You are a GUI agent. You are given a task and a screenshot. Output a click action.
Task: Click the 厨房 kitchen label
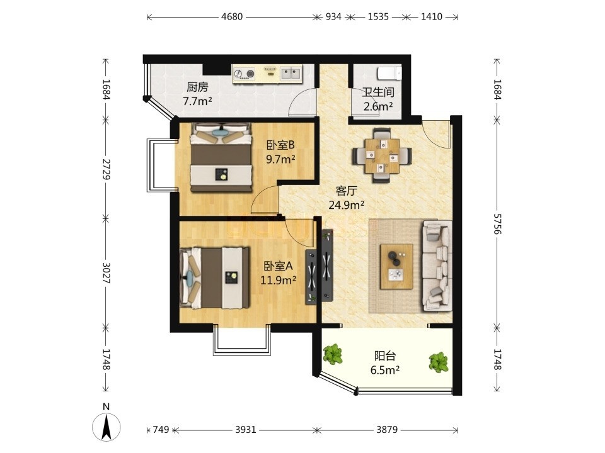[197, 87]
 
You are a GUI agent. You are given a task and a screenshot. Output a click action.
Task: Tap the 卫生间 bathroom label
[378, 92]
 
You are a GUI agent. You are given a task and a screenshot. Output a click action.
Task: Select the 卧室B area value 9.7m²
[281, 159]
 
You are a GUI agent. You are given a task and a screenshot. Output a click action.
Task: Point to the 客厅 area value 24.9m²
[347, 205]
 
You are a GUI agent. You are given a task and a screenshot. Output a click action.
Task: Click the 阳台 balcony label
[385, 355]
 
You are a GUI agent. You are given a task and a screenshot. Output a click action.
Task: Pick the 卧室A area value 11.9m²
[278, 279]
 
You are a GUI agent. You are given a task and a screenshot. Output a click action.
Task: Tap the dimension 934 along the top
[333, 16]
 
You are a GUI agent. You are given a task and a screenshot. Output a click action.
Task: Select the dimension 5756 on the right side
[497, 223]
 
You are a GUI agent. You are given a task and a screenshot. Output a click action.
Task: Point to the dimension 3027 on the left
[107, 273]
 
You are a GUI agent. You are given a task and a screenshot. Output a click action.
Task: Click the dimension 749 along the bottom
[161, 429]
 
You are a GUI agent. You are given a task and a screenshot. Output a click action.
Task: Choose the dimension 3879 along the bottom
[387, 429]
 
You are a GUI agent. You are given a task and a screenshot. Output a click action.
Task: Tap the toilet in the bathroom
[389, 73]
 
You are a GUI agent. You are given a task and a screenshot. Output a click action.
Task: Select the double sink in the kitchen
[291, 73]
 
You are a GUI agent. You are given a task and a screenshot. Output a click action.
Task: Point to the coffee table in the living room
[396, 266]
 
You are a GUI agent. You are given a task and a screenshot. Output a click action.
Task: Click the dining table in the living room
[382, 155]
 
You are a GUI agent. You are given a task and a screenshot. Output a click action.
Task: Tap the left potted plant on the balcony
[332, 354]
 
